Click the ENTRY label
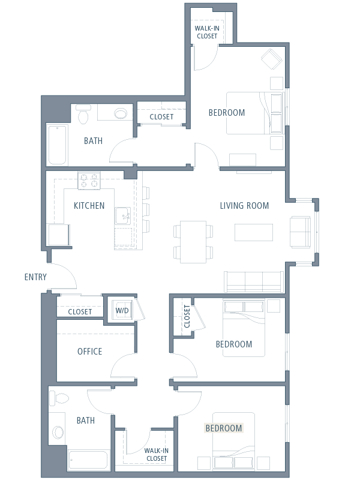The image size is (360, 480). [x=35, y=277]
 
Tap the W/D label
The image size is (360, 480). [x=122, y=310]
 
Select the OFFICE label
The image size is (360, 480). [x=89, y=352]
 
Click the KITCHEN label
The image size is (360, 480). [x=89, y=205]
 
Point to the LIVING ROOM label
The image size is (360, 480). [x=244, y=205]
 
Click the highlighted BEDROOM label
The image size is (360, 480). [x=223, y=428]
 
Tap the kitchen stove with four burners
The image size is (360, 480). [x=89, y=181]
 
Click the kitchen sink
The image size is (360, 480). [x=123, y=216]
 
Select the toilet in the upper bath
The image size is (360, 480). [x=83, y=114]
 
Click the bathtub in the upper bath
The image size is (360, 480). [x=58, y=145]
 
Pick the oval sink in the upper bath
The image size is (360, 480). [x=121, y=113]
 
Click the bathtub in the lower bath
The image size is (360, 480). [x=88, y=460]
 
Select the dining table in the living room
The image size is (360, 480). [x=193, y=242]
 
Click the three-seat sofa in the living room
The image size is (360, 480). [x=254, y=281]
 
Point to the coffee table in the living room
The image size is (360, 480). [x=254, y=232]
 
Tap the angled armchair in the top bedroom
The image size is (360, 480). [x=272, y=59]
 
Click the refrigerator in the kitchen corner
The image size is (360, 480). [x=59, y=235]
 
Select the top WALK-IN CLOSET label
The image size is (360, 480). [x=207, y=32]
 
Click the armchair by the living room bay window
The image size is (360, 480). [x=301, y=232]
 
